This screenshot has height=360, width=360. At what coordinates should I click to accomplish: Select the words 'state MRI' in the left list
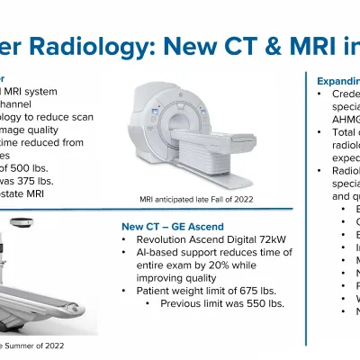point(27,192)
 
